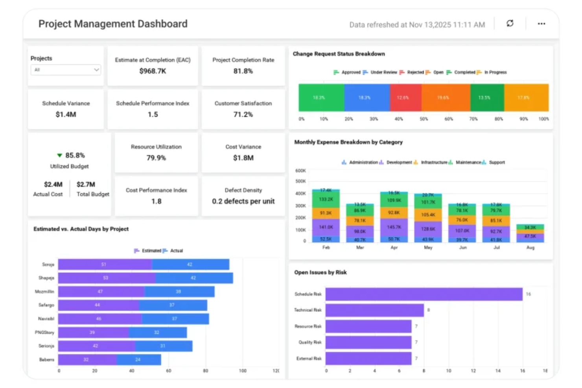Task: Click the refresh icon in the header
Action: pyautogui.click(x=510, y=24)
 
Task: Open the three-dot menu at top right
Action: pyautogui.click(x=541, y=24)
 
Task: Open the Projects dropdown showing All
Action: pyautogui.click(x=66, y=70)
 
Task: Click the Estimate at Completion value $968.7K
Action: pyautogui.click(x=153, y=71)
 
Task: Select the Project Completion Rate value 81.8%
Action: pyautogui.click(x=243, y=71)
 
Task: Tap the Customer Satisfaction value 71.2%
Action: pyautogui.click(x=243, y=114)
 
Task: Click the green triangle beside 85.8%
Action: pyautogui.click(x=59, y=155)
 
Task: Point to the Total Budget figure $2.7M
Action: pyautogui.click(x=86, y=184)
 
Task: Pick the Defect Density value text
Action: pyautogui.click(x=243, y=201)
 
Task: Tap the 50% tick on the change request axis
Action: pyautogui.click(x=424, y=119)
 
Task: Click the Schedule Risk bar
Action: pyautogui.click(x=424, y=294)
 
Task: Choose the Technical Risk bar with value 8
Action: pyautogui.click(x=374, y=310)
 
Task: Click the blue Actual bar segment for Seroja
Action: pyautogui.click(x=190, y=265)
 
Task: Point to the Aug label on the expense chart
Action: pyautogui.click(x=530, y=248)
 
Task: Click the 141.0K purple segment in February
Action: pyautogui.click(x=326, y=227)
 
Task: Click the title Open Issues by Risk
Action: pyautogui.click(x=320, y=272)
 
